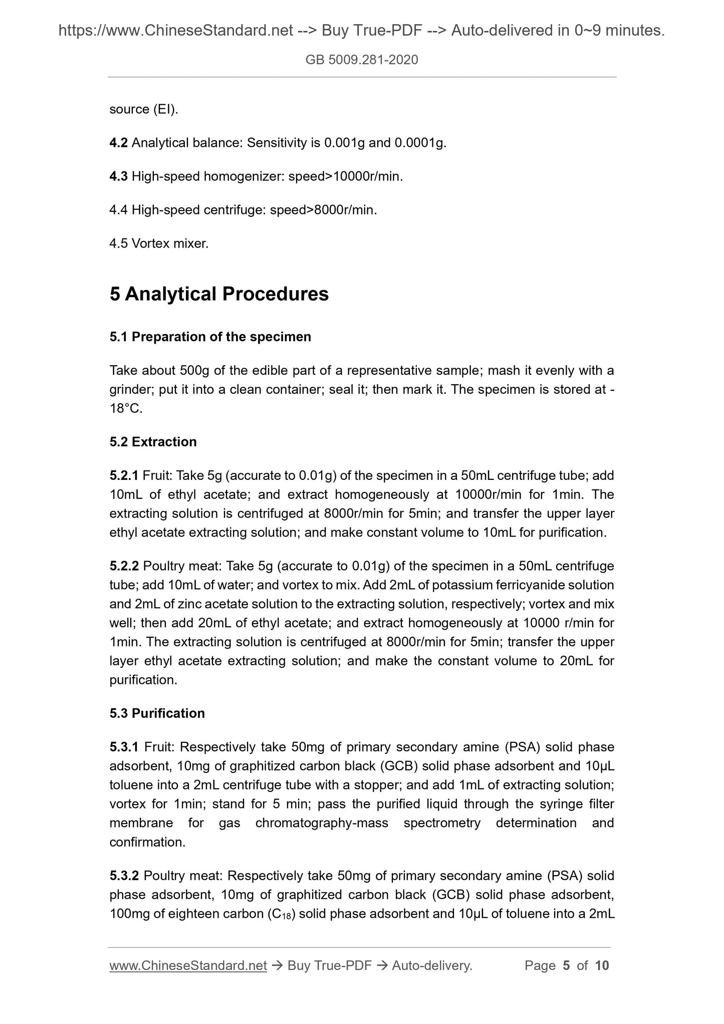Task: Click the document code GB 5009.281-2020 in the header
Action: pyautogui.click(x=362, y=60)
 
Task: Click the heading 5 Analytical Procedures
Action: pyautogui.click(x=219, y=294)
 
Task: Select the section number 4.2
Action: pyautogui.click(x=119, y=143)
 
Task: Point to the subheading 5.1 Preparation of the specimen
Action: pyautogui.click(x=210, y=337)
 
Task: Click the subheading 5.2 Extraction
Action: pyautogui.click(x=153, y=442)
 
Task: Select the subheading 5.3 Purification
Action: pyautogui.click(x=157, y=713)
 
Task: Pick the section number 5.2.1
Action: pyautogui.click(x=124, y=475)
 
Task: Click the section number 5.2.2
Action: pyautogui.click(x=124, y=566)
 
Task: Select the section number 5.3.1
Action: pyautogui.click(x=124, y=747)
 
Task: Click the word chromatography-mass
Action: pyautogui.click(x=322, y=823)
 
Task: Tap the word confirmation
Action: pyautogui.click(x=147, y=842)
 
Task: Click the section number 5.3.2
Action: pyautogui.click(x=124, y=876)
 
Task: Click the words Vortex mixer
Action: pyautogui.click(x=170, y=244)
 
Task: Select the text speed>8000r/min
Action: pyautogui.click(x=323, y=210)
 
